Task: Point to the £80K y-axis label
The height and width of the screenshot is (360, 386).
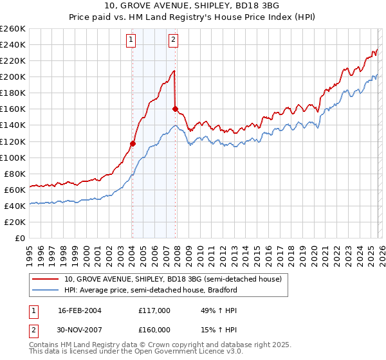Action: tap(14, 174)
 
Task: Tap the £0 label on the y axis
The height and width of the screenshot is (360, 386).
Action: tap(21, 238)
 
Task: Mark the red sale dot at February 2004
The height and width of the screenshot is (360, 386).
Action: tap(133, 143)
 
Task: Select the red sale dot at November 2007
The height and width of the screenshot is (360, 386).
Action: tap(175, 109)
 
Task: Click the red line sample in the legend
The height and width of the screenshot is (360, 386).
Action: tap(46, 280)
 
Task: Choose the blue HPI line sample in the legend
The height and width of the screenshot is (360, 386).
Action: tap(46, 290)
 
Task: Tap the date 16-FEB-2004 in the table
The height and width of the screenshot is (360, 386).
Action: tap(79, 310)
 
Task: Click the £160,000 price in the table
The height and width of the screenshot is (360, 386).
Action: tap(154, 330)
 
